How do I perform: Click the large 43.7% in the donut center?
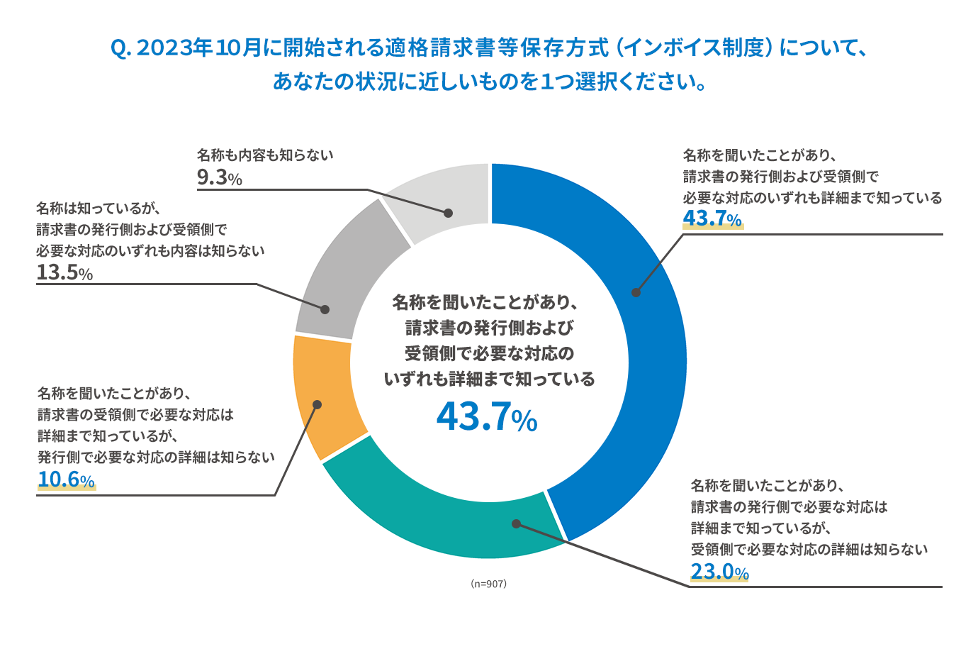tap(487, 417)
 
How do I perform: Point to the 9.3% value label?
tap(220, 177)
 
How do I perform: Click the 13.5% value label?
tap(64, 272)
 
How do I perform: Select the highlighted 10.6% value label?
tap(66, 479)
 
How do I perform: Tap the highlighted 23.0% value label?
tap(719, 572)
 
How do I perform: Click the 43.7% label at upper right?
tap(712, 218)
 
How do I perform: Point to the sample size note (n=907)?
tap(488, 584)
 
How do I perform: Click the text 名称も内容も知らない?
tap(265, 155)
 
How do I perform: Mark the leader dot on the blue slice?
tap(636, 292)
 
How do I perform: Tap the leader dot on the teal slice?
tap(516, 523)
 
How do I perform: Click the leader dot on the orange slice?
tap(317, 404)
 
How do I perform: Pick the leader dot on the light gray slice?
tap(448, 212)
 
